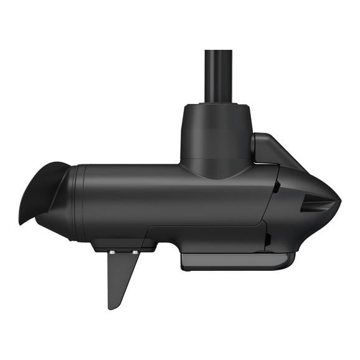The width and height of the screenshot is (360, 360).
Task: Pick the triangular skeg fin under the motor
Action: click(121, 274)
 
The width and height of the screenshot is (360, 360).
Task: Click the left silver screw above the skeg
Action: click(111, 252)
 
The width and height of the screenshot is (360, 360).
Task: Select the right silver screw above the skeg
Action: click(135, 252)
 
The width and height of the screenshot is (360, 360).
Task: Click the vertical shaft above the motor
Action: click(218, 75)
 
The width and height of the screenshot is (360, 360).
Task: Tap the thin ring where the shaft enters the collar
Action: click(218, 103)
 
